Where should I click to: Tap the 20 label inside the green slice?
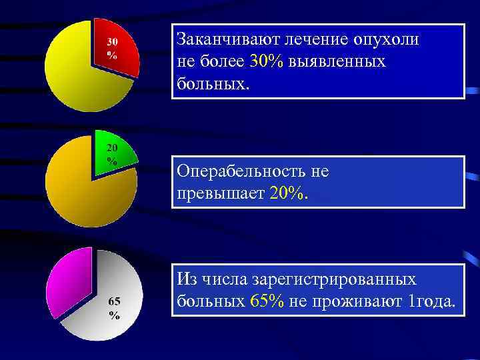(x=112, y=147)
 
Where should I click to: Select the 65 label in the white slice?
(x=114, y=301)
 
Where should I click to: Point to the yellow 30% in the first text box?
(x=267, y=61)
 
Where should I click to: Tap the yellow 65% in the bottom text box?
(x=267, y=301)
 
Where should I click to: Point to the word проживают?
(x=365, y=301)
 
